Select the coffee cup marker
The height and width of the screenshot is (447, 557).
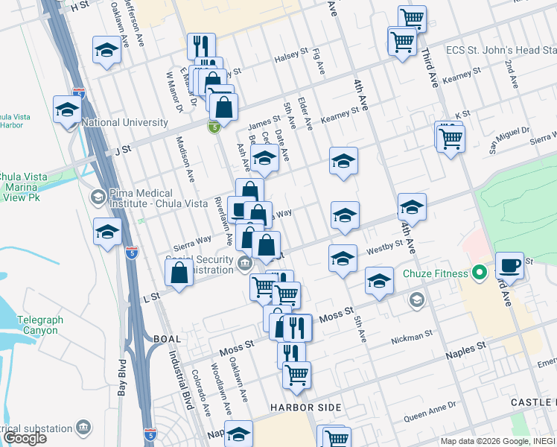point(510,265)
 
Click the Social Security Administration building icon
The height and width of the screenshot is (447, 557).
point(244,263)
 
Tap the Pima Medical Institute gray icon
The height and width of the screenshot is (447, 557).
point(98,197)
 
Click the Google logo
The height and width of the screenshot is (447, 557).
point(25,438)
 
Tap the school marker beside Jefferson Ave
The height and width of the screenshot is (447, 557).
point(106,50)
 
